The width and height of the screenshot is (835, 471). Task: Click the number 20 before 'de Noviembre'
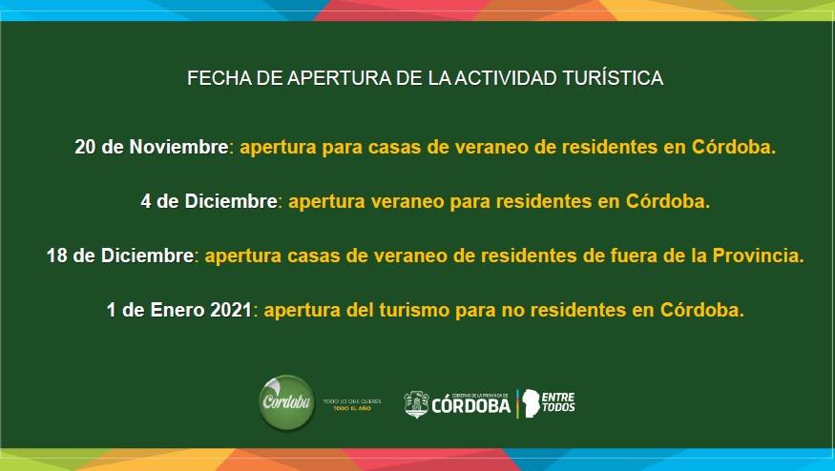(86, 148)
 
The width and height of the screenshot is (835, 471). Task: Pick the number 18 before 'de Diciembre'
(57, 256)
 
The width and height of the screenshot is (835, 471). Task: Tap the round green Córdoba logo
(286, 401)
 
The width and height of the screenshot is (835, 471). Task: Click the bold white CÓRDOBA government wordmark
(470, 406)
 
